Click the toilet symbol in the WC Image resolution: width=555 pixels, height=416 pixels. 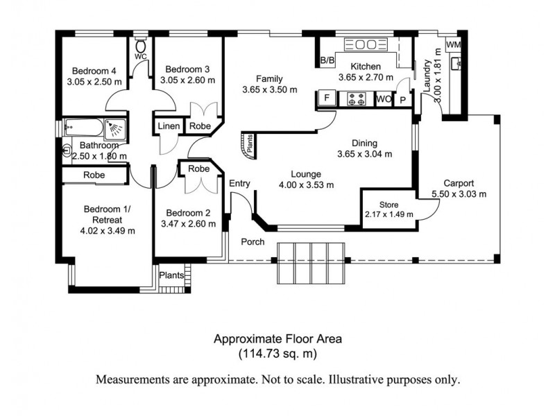pos(141,40)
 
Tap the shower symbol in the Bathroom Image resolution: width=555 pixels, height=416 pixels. pos(115,128)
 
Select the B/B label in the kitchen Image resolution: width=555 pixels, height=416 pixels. pos(327,62)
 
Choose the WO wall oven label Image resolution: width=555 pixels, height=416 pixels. pos(382,99)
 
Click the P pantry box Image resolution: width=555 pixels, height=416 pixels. pos(402,99)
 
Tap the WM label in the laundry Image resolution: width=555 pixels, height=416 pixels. pos(453,44)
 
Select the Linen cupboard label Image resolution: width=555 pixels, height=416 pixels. pos(169,126)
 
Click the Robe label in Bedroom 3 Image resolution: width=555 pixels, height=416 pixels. pos(200,126)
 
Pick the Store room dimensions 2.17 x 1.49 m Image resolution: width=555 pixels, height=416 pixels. pos(388,214)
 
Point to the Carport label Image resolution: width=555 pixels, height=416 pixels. pos(459,184)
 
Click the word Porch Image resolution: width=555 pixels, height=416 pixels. pos(253,242)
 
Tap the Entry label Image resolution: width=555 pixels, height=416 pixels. pos(239,184)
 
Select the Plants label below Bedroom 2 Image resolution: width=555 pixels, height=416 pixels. pos(171,275)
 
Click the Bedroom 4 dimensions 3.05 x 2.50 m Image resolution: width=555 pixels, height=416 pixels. pos(94,81)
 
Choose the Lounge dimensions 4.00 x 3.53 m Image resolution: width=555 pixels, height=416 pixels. pos(305,184)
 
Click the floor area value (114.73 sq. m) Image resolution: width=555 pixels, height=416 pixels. pos(277,354)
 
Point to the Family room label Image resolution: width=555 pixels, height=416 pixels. pos(269,78)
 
